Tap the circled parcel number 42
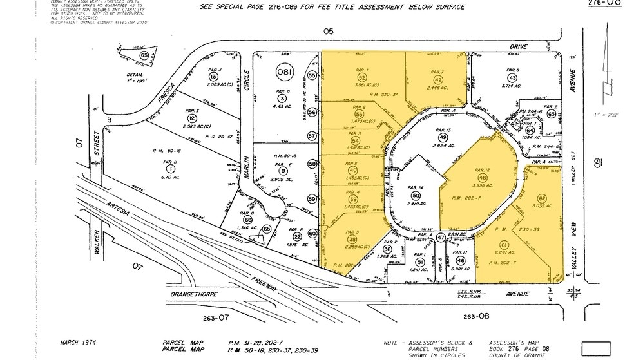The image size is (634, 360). pos(437,79)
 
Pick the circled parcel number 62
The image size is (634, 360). pos(542,198)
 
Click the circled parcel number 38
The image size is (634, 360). pos(352,239)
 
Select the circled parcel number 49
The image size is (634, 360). pos(443,137)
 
